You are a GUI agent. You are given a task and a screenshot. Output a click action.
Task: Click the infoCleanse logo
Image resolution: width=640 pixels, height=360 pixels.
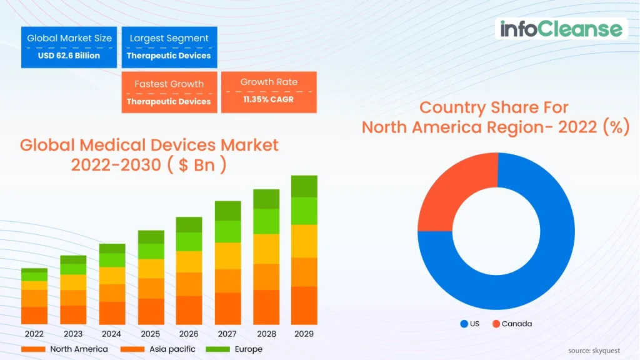coord(561,29)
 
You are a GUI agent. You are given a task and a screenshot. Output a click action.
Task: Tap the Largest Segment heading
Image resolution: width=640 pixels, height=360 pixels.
coord(169,38)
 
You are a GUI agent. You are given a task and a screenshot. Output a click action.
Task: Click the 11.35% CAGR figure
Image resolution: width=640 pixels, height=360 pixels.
coord(268,99)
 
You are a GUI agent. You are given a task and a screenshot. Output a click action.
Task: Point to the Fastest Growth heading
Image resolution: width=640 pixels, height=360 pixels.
coord(169,84)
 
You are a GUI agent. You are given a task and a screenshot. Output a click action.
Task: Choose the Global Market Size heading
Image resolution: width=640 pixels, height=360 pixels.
coord(69,38)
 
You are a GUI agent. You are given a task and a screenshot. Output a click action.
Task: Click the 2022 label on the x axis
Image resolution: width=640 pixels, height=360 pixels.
coord(34,334)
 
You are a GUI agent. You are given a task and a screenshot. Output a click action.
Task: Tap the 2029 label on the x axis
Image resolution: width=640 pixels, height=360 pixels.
coord(304,334)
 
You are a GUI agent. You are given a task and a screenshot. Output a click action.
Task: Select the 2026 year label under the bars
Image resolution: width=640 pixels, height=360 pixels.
coord(188,334)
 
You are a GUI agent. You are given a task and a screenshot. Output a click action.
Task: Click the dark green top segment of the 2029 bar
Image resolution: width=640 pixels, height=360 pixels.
coord(304,186)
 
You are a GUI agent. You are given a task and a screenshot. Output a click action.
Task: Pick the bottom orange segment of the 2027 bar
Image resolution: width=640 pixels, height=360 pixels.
coord(227,309)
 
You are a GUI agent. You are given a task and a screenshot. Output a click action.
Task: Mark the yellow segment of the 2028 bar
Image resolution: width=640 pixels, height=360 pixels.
coord(266,249)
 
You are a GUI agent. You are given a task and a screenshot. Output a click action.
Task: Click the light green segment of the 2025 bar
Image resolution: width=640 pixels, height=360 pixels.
coord(150,251)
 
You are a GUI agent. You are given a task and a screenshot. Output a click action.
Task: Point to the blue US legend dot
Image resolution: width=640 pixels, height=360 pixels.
coord(464,324)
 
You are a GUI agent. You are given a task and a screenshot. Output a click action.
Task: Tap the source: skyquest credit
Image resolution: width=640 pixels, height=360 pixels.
coord(596,350)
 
